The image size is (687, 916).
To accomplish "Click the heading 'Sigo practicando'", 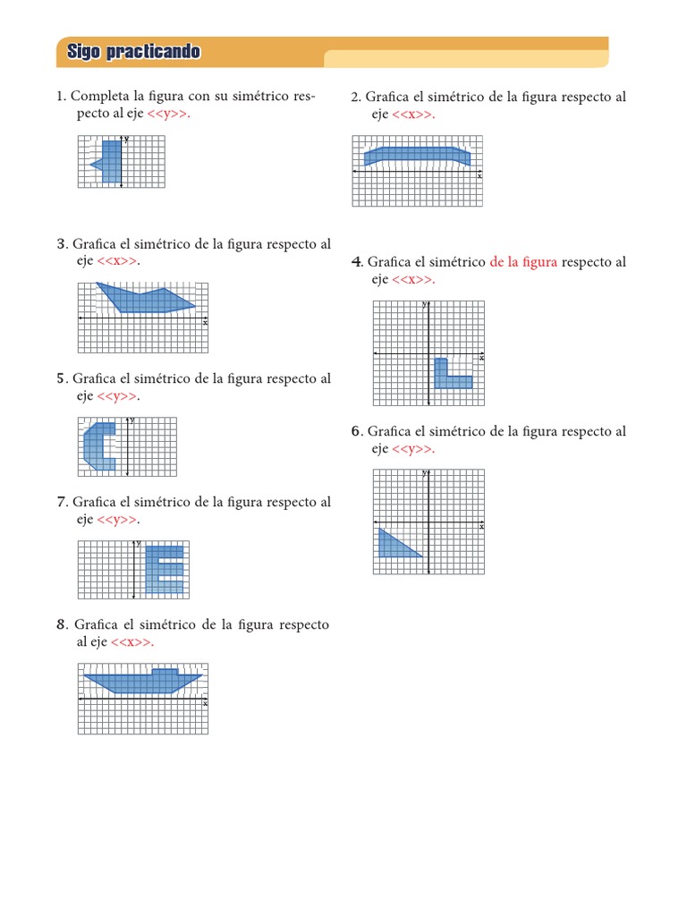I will click(133, 53).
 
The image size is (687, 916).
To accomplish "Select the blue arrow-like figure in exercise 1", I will click(110, 161).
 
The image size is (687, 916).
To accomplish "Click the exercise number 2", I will click(355, 97).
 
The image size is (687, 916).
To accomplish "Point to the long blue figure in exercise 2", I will click(417, 155).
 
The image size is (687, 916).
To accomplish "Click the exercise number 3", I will click(61, 243).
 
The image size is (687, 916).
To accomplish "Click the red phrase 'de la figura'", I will click(523, 262).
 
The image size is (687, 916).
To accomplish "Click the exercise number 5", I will click(61, 378).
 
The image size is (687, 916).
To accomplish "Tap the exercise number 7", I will click(61, 502).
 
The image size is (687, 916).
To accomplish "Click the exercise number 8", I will click(61, 624).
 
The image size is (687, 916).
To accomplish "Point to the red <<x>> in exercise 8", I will click(132, 642).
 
